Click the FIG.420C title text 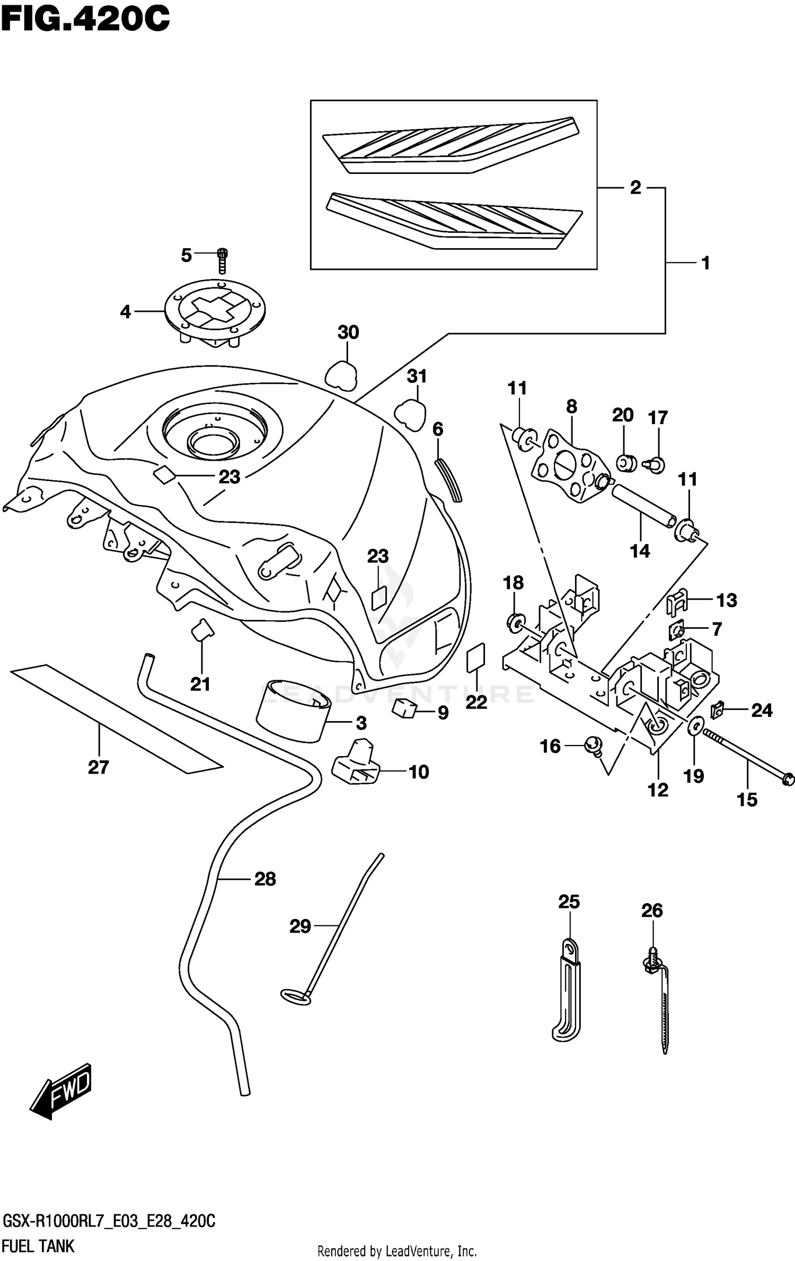pyautogui.click(x=85, y=20)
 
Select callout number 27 pyautogui.click(x=98, y=767)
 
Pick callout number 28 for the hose pyautogui.click(x=265, y=879)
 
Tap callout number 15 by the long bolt pyautogui.click(x=747, y=800)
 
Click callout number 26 pyautogui.click(x=651, y=910)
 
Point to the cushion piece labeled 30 pyautogui.click(x=340, y=375)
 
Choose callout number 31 pyautogui.click(x=417, y=376)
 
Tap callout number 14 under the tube pyautogui.click(x=639, y=551)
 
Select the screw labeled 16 pyautogui.click(x=592, y=746)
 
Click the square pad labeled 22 pyautogui.click(x=475, y=658)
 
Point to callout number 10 pyautogui.click(x=418, y=772)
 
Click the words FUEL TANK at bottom pyautogui.click(x=39, y=1246)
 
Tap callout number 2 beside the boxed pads pyautogui.click(x=635, y=187)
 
